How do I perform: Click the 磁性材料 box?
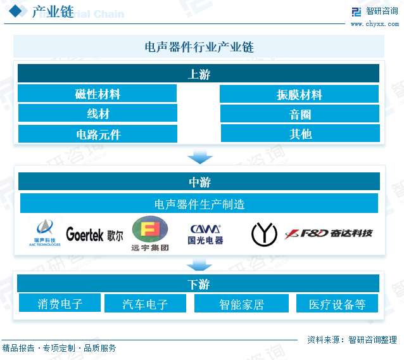(x=97, y=94)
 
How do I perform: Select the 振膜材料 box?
(x=299, y=94)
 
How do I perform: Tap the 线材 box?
(x=97, y=113)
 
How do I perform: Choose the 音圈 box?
(x=300, y=114)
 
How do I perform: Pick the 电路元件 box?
(x=98, y=134)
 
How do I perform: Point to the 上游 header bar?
(x=198, y=74)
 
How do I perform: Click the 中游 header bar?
(x=198, y=182)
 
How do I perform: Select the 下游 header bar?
(x=198, y=284)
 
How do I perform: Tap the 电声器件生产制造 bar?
(x=199, y=203)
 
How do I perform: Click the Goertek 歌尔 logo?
(x=94, y=235)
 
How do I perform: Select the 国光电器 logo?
(x=205, y=234)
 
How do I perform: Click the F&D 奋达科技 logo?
(x=329, y=234)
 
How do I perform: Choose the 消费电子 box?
(x=60, y=304)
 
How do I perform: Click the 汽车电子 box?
(x=145, y=304)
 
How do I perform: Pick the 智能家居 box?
(x=241, y=304)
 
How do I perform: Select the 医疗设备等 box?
(x=337, y=304)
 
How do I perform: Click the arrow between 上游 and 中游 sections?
(x=199, y=157)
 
